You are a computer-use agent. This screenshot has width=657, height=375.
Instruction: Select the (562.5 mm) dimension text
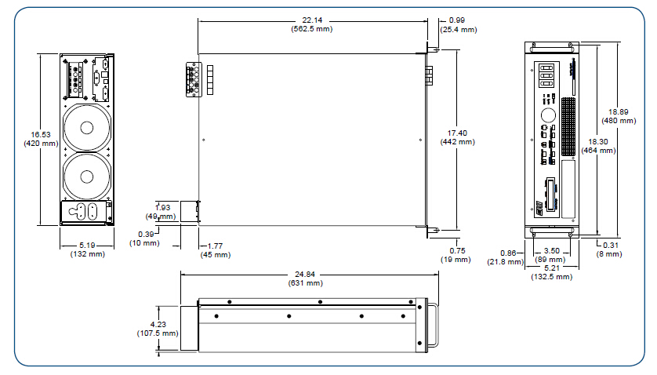point(312,29)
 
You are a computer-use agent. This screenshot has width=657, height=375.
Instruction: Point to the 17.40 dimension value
point(457,133)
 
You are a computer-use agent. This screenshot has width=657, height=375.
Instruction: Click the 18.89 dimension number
point(613,111)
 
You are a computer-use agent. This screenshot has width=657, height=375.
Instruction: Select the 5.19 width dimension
point(88,246)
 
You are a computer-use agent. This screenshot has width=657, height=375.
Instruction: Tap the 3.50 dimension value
point(551,252)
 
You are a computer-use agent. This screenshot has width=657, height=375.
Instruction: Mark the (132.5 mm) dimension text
point(552,277)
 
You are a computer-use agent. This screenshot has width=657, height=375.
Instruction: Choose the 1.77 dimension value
point(216,246)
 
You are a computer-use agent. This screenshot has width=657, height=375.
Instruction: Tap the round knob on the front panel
point(547,113)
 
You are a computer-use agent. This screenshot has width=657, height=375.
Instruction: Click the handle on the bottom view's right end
point(432,325)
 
